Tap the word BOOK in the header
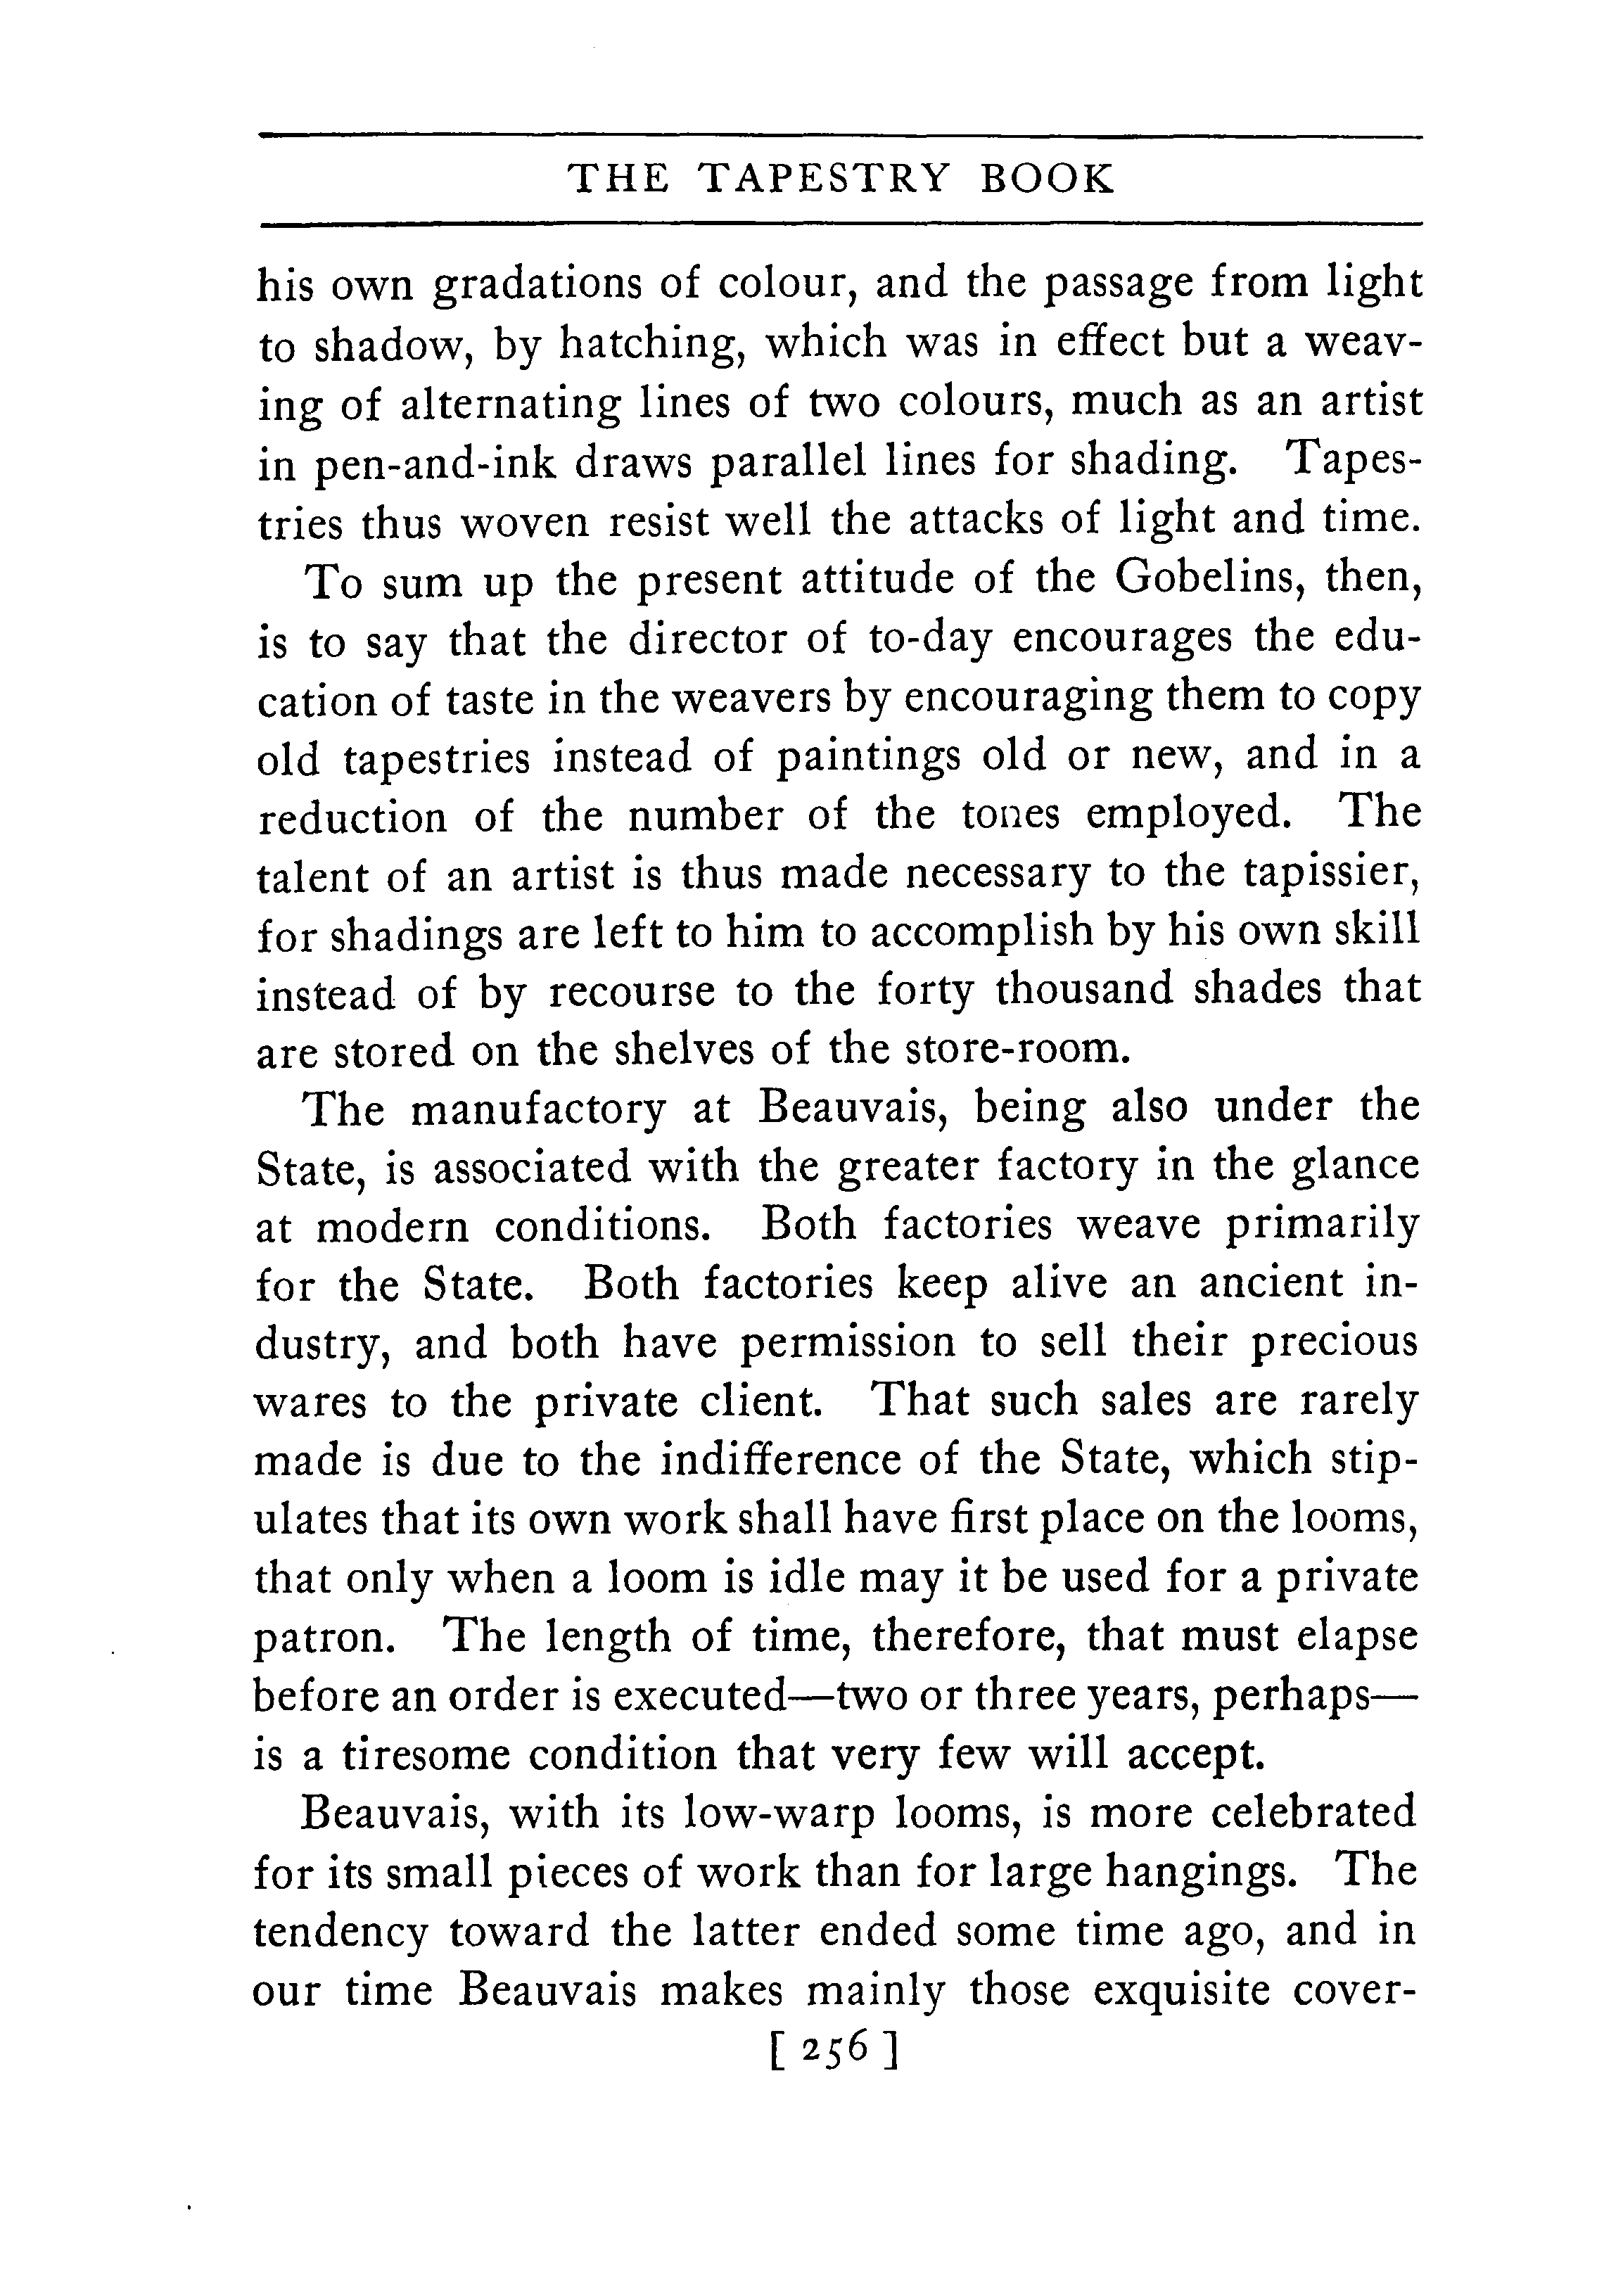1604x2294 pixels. [1048, 179]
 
